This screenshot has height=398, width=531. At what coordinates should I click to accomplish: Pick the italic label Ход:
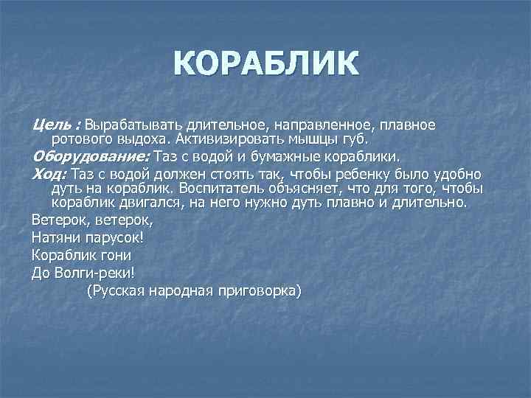49,175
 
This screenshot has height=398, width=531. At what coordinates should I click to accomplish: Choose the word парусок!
118,238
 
